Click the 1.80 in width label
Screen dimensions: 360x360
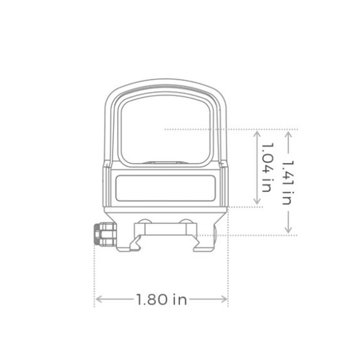pyautogui.click(x=161, y=300)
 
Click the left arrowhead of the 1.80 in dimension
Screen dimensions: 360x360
pyautogui.click(x=97, y=300)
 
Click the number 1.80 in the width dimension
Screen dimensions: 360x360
pyautogui.click(x=152, y=300)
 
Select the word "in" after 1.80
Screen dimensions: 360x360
pyautogui.click(x=179, y=300)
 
